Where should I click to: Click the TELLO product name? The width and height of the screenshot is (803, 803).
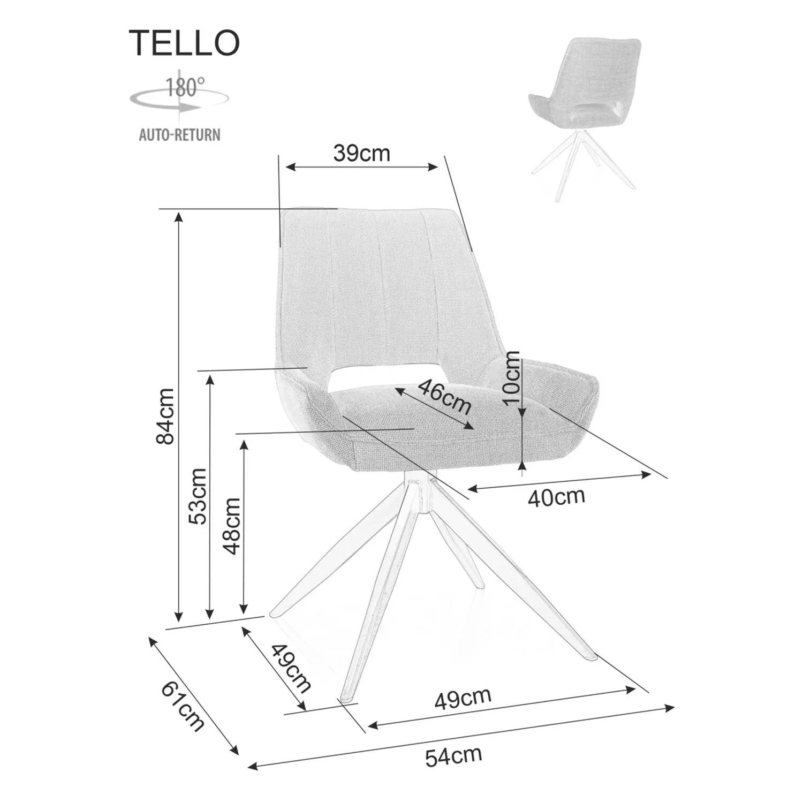184,43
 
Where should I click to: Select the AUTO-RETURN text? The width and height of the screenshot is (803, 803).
180,134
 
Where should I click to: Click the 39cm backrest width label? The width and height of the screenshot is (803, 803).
362,154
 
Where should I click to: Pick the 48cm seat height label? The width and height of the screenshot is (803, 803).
231,526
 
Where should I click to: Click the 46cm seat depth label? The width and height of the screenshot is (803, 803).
444,397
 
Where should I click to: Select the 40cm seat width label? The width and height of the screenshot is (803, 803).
556,497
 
